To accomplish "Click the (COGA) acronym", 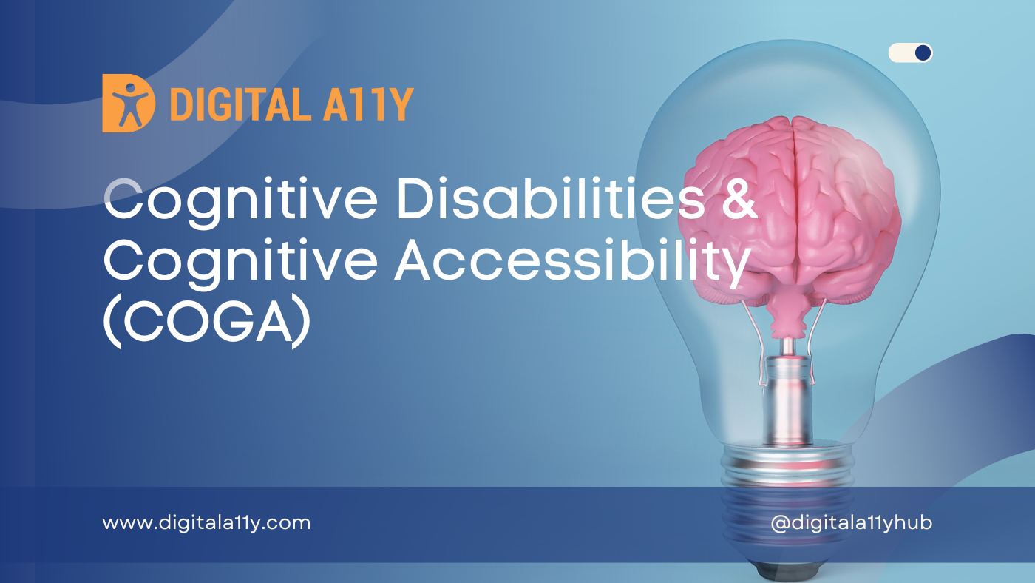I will click(206, 325).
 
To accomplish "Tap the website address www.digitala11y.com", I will click(206, 523).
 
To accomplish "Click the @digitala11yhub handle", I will click(851, 523).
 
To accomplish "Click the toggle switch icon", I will click(910, 53).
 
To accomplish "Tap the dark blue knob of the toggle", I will click(922, 53).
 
